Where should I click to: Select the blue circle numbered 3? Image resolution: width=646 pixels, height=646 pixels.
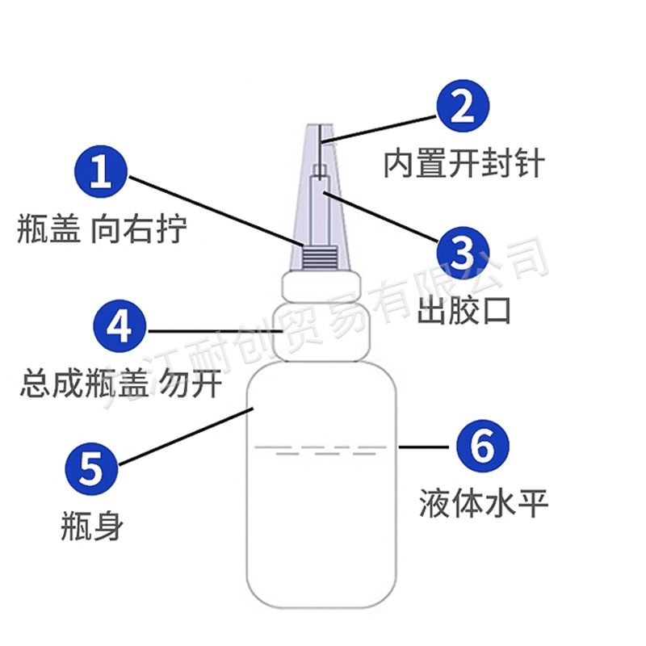(x=464, y=253)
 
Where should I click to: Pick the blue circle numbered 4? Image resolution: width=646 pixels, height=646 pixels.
(x=119, y=330)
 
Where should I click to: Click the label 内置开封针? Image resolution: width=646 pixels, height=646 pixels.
(x=464, y=164)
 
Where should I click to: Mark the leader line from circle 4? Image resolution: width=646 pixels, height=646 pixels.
(x=214, y=330)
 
